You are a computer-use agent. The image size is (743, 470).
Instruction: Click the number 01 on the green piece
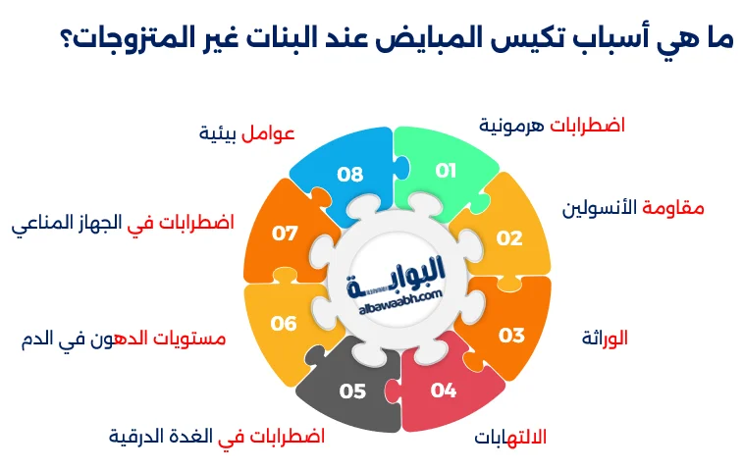(447, 171)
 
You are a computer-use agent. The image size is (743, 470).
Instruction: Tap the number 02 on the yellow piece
(508, 237)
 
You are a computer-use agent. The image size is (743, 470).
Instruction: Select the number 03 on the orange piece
(511, 336)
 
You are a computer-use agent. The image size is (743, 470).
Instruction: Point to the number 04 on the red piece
(444, 391)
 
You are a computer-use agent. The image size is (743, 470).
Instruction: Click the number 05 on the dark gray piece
(353, 392)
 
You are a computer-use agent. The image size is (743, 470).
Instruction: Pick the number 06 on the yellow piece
(284, 323)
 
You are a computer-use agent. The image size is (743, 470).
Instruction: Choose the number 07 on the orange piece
(285, 234)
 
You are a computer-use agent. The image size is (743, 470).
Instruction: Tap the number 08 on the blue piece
(350, 175)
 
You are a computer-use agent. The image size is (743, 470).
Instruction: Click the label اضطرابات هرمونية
(552, 126)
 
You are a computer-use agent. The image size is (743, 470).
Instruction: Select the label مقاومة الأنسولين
(633, 208)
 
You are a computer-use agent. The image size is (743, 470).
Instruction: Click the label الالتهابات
(510, 436)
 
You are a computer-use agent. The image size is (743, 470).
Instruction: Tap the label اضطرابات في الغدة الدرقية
(216, 436)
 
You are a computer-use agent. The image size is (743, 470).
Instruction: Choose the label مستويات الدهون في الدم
(123, 339)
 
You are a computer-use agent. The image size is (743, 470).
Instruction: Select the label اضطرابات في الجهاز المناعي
(123, 223)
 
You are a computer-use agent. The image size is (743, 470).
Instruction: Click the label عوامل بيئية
(246, 132)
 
